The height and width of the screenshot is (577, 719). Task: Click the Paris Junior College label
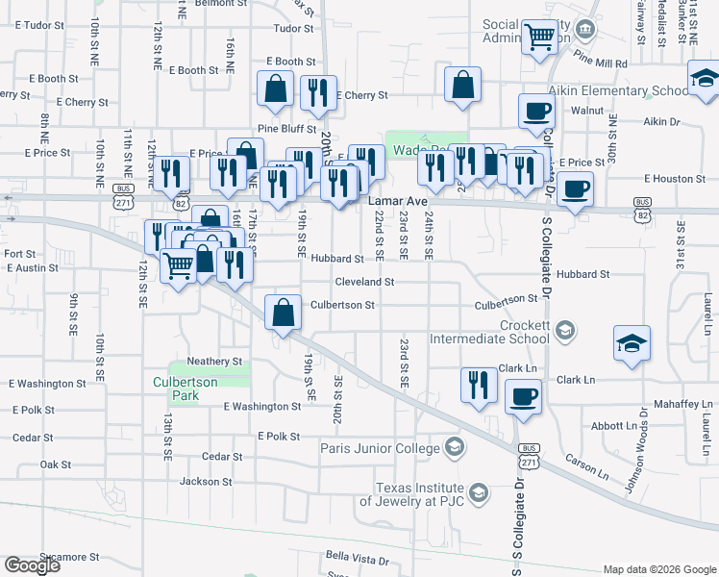pyautogui.click(x=380, y=447)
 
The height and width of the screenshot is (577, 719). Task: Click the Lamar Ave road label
pyautogui.click(x=397, y=201)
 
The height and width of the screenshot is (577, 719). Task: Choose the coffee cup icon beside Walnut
pyautogui.click(x=535, y=111)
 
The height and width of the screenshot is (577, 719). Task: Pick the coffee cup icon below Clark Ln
pyautogui.click(x=523, y=396)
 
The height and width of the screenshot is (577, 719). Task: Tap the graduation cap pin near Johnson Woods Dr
pyautogui.click(x=632, y=343)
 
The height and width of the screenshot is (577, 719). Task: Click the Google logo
pyautogui.click(x=32, y=565)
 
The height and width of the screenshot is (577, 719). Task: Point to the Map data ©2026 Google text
pyautogui.click(x=660, y=568)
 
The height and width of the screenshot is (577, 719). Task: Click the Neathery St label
pyautogui.click(x=214, y=362)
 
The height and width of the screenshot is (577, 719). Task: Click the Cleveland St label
pyautogui.click(x=364, y=282)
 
